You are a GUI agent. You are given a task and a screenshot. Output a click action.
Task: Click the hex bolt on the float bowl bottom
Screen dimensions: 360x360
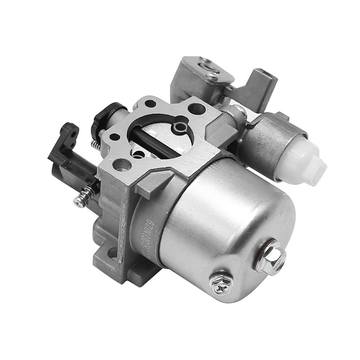pos(270,258)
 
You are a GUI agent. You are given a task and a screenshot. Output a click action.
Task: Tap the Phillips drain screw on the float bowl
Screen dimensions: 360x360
pos(221,283)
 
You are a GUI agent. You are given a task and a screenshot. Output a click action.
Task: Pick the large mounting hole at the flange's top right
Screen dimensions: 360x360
pos(196,108)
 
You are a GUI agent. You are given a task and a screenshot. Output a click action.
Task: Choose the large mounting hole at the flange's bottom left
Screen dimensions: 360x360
pos(122,165)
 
